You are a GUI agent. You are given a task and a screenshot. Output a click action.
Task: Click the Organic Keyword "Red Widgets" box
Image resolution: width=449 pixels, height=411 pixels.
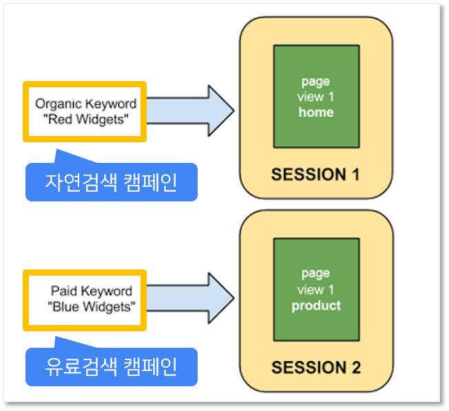(85, 111)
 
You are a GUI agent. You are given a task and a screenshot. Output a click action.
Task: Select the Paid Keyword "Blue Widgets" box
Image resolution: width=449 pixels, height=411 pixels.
(85, 300)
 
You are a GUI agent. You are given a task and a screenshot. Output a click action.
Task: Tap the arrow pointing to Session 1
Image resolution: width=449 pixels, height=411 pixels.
(191, 111)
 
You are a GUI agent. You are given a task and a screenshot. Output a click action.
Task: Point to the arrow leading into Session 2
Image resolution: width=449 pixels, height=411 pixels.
(191, 298)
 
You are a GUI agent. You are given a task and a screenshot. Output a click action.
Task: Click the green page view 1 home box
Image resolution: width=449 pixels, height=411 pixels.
(316, 96)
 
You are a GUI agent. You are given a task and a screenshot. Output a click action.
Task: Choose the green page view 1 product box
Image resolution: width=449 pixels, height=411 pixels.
(316, 289)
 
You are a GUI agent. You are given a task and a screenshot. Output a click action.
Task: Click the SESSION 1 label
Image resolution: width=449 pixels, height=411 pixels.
(315, 175)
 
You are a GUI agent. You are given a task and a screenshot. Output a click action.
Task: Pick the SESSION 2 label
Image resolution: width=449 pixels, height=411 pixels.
(316, 367)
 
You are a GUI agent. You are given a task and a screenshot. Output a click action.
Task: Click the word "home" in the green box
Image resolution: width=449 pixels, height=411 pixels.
(316, 112)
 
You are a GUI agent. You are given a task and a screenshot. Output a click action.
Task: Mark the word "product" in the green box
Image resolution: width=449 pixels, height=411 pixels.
(316, 306)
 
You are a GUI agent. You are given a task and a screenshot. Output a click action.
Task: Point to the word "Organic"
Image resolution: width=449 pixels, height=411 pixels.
(59, 104)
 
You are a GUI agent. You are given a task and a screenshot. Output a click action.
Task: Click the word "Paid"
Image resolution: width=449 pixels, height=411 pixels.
(63, 291)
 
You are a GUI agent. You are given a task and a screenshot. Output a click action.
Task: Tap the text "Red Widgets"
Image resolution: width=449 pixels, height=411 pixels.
(85, 120)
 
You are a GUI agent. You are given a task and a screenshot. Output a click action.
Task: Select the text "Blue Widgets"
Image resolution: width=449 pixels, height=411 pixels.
(92, 307)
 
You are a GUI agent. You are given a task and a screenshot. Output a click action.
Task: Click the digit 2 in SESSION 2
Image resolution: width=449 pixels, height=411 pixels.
(356, 367)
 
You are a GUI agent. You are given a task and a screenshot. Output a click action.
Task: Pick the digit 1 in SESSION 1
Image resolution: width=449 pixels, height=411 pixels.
(355, 175)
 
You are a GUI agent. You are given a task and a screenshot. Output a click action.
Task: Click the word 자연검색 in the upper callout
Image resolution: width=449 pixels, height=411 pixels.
(81, 182)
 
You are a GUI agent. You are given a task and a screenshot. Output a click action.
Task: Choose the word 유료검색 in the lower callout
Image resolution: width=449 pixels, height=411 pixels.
(81, 367)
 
